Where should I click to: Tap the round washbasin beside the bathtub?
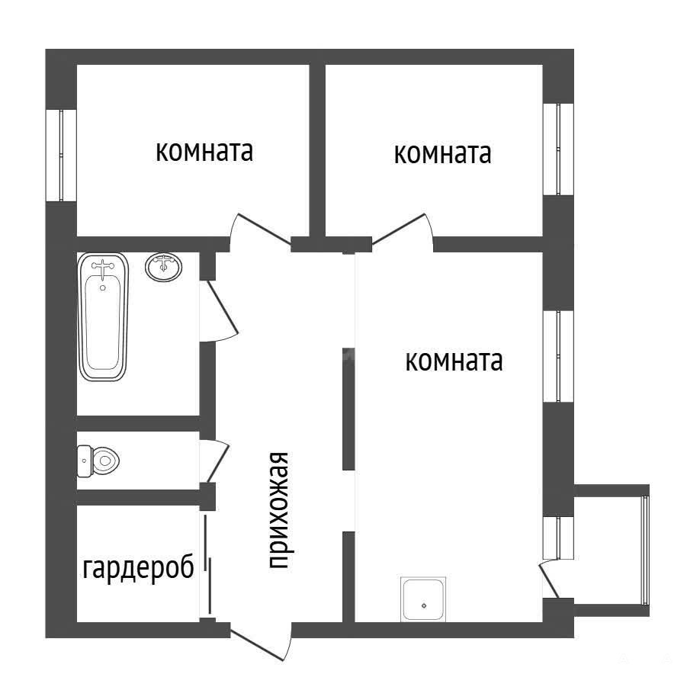click(164, 267)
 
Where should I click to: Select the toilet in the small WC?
click(98, 461)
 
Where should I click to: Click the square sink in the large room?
click(423, 599)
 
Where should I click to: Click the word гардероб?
click(138, 568)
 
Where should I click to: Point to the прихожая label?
click(279, 510)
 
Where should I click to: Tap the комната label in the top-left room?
click(204, 151)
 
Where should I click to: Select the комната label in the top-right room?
click(442, 153)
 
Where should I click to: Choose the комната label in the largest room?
click(454, 361)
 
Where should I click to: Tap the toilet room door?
click(215, 461)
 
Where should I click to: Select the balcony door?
click(551, 579)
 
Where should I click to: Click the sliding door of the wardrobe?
click(207, 564)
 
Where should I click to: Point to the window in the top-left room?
click(61, 155)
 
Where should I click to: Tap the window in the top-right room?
click(558, 149)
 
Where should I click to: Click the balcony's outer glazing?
click(644, 551)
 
